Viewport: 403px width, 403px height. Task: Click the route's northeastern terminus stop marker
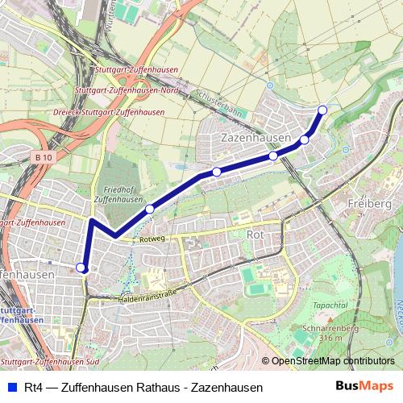(322, 110)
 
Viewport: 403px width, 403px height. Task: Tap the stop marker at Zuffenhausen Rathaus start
(81, 268)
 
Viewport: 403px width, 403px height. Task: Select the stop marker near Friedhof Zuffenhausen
(150, 210)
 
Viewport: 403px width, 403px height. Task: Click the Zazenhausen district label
(256, 139)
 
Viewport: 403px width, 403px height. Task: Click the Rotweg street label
(152, 239)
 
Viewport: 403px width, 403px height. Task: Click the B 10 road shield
(44, 157)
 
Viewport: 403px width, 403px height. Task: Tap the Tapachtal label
(330, 305)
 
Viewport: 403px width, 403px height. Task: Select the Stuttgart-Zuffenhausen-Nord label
(125, 91)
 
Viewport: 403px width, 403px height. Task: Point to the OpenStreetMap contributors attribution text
(333, 362)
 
